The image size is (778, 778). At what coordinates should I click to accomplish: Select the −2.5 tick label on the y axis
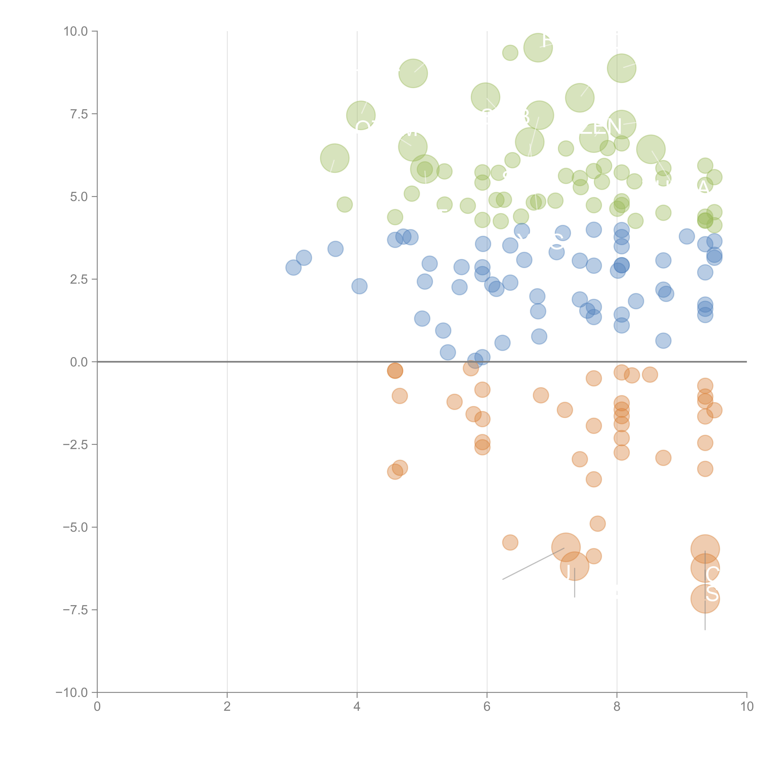(75, 445)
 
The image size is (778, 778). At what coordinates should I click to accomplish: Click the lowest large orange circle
(705, 599)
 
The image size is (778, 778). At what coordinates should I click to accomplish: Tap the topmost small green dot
(510, 53)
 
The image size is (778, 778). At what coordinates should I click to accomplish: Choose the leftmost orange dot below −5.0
(510, 542)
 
